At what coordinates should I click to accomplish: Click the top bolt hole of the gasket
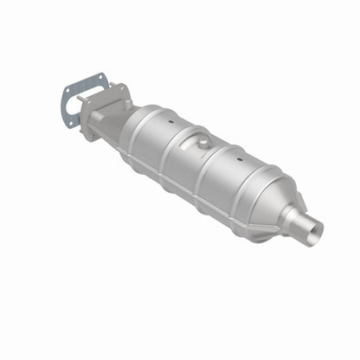tap(101, 77)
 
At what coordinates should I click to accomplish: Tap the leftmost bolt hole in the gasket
tap(67, 91)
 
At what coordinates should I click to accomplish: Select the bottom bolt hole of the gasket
tap(71, 123)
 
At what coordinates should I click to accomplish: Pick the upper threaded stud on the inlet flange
tap(112, 84)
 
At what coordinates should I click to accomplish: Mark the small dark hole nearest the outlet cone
tap(239, 158)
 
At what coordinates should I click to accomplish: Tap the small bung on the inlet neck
tap(129, 103)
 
